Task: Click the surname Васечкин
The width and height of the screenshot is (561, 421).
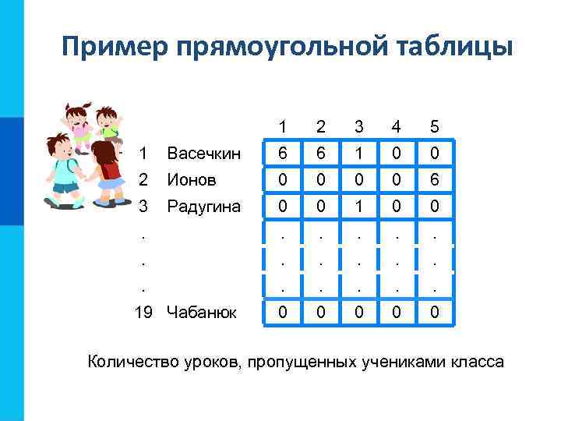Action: (204, 154)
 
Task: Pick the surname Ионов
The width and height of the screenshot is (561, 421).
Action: (192, 179)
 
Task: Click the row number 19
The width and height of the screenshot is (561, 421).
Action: (143, 313)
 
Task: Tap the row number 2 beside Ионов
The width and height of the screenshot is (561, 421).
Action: (143, 179)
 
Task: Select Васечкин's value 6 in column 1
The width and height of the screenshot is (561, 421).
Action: (284, 154)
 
